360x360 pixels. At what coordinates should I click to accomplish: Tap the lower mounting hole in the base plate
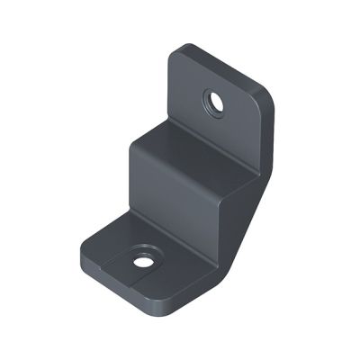tap(142, 263)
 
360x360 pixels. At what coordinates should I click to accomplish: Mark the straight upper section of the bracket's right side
tap(268, 144)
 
